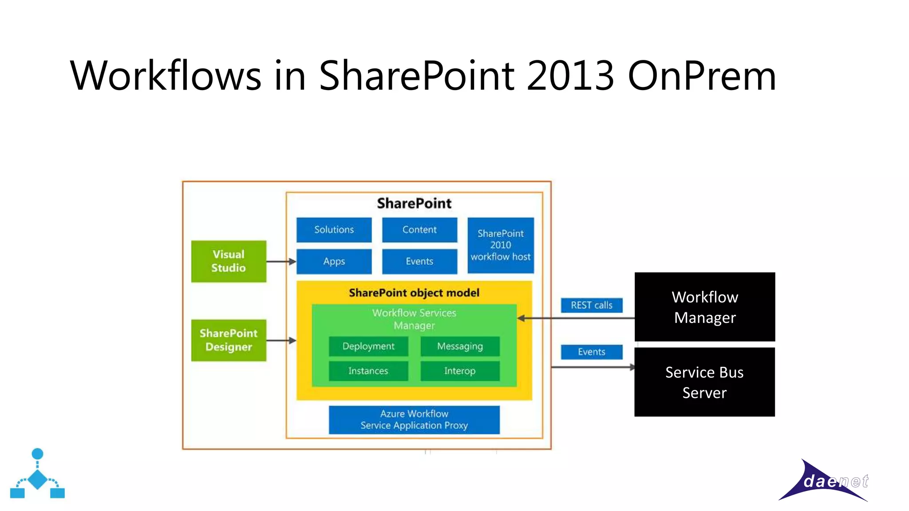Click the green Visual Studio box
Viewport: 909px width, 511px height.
click(x=229, y=261)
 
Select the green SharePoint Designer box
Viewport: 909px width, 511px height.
click(x=229, y=340)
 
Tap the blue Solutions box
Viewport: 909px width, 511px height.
click(x=334, y=230)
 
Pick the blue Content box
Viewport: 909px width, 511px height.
click(x=419, y=230)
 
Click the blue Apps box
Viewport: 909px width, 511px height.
click(x=334, y=261)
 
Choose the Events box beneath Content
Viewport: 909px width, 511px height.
click(x=419, y=261)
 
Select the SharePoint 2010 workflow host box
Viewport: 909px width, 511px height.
click(x=501, y=245)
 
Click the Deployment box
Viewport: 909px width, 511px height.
click(x=368, y=346)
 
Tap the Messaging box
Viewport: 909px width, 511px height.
click(x=460, y=346)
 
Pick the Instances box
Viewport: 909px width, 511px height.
click(x=368, y=371)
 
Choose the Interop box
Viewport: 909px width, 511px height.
click(x=460, y=371)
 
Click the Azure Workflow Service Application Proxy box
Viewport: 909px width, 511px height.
click(x=414, y=420)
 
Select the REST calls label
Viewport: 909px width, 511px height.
click(x=592, y=305)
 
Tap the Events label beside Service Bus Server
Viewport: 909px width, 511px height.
click(x=592, y=352)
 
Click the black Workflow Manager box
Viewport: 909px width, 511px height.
click(x=705, y=307)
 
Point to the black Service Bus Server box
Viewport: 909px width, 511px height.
click(x=705, y=382)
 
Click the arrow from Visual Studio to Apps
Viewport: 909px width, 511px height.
click(x=281, y=262)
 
